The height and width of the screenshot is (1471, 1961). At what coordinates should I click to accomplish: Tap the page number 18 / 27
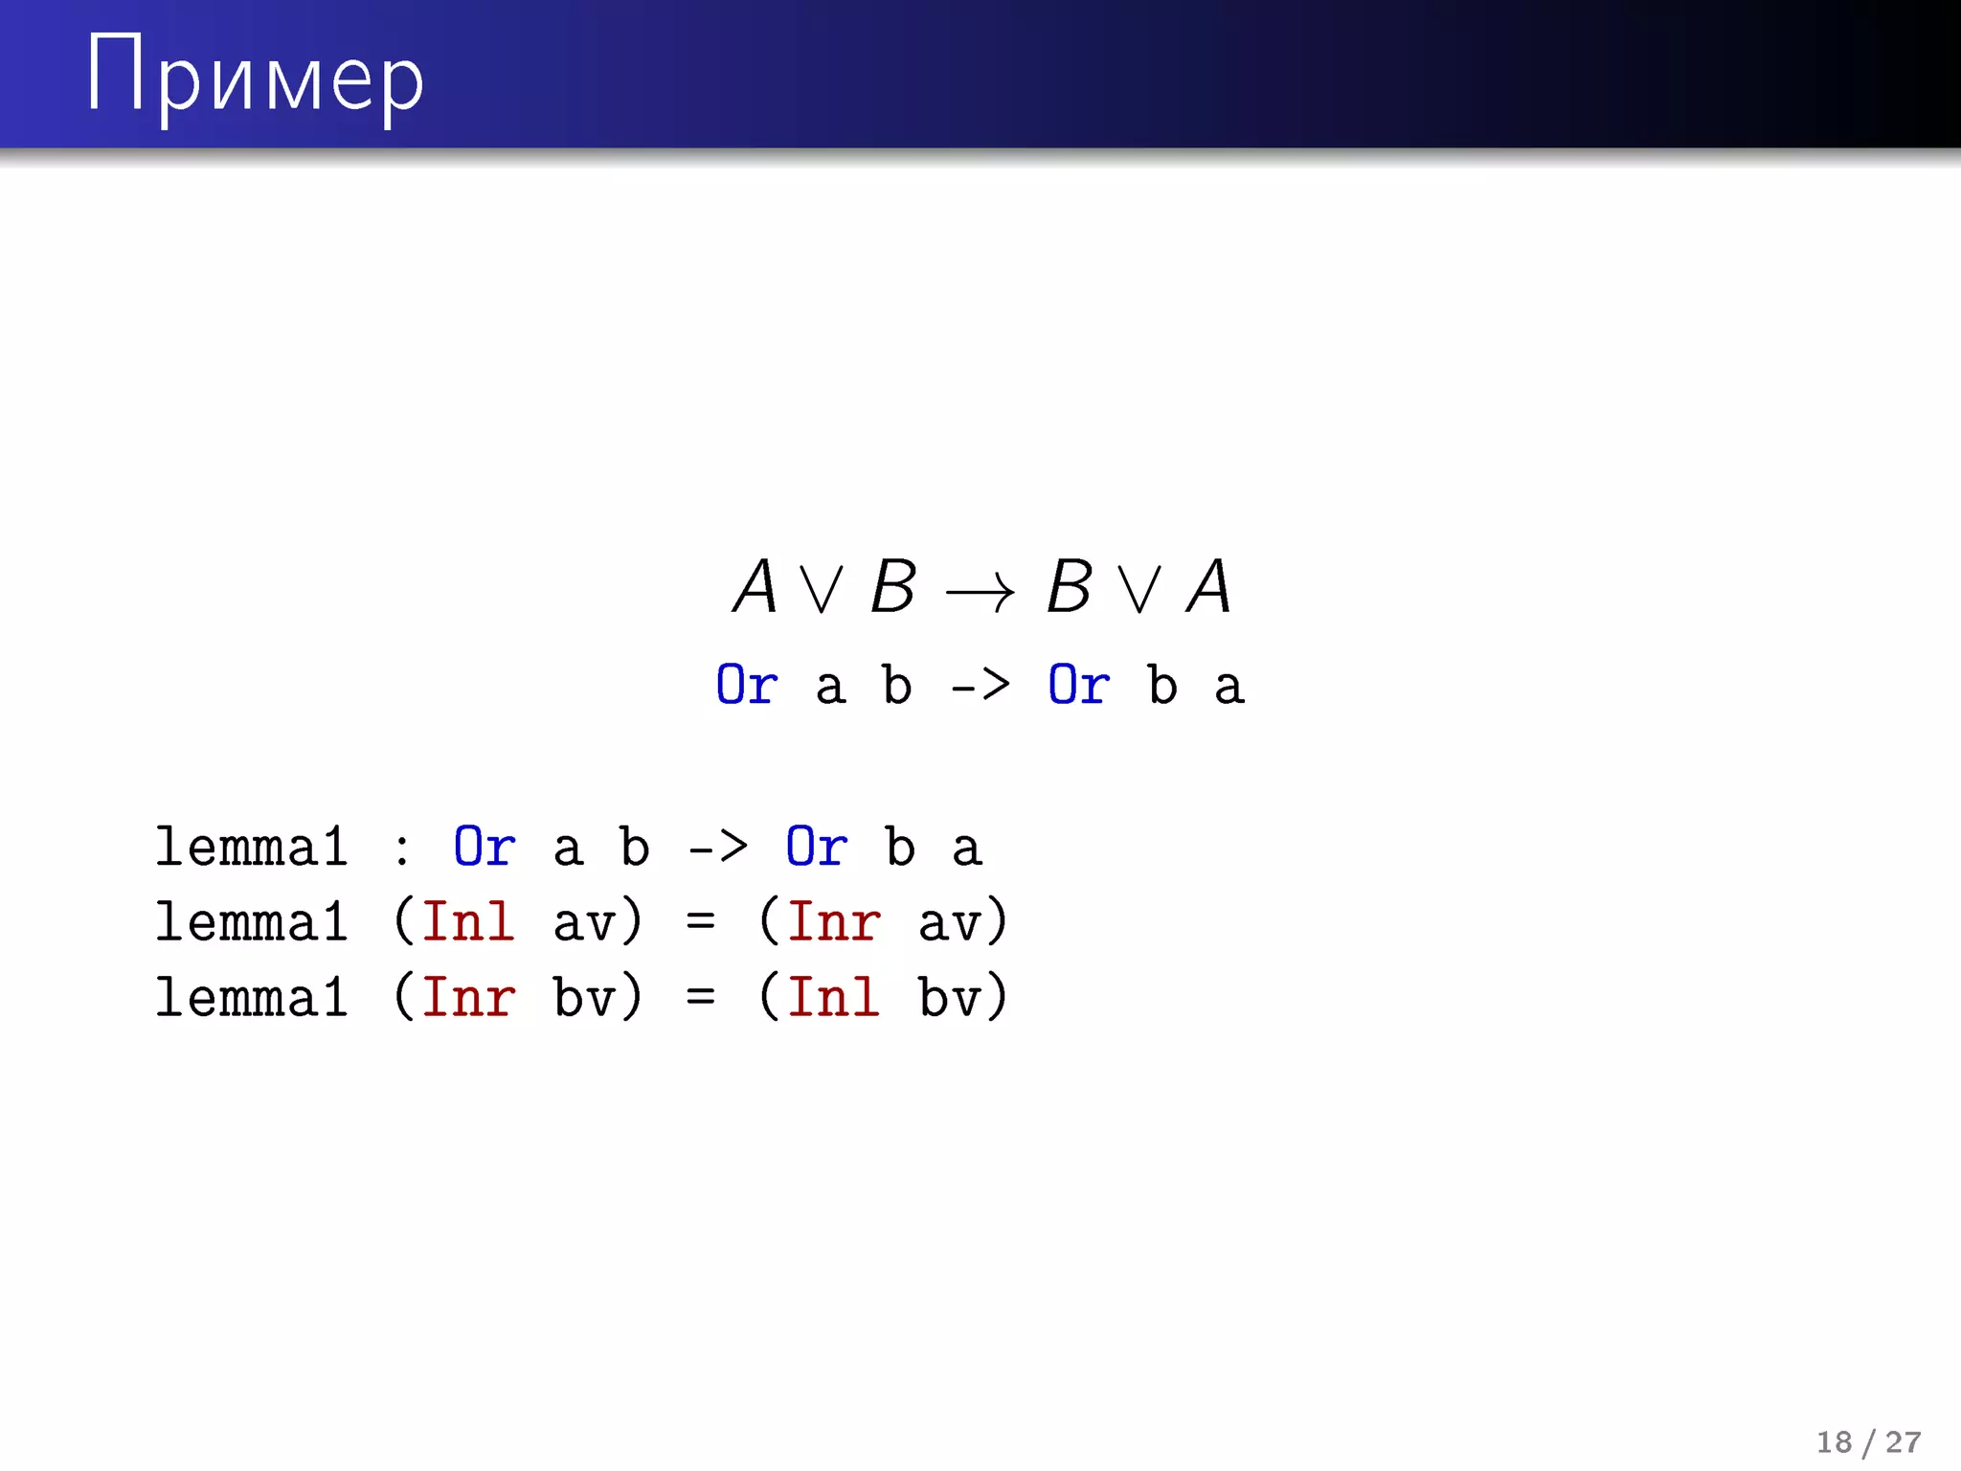(1868, 1442)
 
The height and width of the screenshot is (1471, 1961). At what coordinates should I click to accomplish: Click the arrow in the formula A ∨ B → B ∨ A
(980, 590)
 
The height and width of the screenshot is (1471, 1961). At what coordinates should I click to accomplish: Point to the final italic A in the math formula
(1208, 586)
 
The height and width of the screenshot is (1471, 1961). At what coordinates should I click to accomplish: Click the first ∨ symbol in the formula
(823, 590)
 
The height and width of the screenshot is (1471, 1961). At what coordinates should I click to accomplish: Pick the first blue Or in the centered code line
(747, 686)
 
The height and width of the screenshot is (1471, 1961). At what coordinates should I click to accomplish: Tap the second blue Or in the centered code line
(1079, 686)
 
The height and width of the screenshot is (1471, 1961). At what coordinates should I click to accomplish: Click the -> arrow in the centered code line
(980, 686)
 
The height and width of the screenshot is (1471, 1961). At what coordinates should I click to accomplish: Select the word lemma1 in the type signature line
(252, 848)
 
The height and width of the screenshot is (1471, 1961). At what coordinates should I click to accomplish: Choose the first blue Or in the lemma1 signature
(485, 848)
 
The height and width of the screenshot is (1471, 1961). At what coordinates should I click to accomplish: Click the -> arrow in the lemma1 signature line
(718, 848)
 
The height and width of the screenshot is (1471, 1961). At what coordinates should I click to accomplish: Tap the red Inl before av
(468, 922)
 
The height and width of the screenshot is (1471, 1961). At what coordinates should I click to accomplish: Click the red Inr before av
(833, 922)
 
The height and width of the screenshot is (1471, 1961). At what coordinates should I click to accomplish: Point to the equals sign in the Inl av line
(700, 922)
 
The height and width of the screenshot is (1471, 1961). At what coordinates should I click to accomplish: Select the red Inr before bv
(468, 998)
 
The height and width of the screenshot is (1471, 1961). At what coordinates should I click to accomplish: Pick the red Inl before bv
(833, 998)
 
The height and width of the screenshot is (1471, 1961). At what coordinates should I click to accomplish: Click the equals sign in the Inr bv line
(700, 998)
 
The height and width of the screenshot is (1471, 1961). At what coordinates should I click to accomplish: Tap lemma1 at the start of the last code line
(252, 998)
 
